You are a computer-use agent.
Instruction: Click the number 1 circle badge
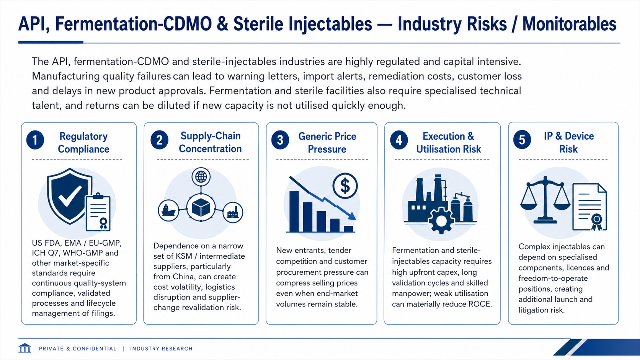35,140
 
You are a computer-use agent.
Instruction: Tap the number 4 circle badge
399,140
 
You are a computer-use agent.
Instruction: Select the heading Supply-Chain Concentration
210,142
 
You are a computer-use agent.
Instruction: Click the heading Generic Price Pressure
327,142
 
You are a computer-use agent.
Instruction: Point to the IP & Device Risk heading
568,142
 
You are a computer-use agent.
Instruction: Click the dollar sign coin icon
345,186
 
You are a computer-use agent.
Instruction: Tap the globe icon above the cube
201,177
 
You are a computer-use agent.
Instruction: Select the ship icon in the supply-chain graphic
168,210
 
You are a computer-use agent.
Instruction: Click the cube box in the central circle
201,207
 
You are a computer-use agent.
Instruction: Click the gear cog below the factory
441,220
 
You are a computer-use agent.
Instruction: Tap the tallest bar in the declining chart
294,211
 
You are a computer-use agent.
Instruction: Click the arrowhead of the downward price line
352,216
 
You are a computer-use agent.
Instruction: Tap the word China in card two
183,277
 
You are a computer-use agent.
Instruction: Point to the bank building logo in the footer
24,348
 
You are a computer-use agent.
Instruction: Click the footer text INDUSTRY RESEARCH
162,349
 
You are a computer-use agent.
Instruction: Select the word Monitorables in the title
569,24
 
